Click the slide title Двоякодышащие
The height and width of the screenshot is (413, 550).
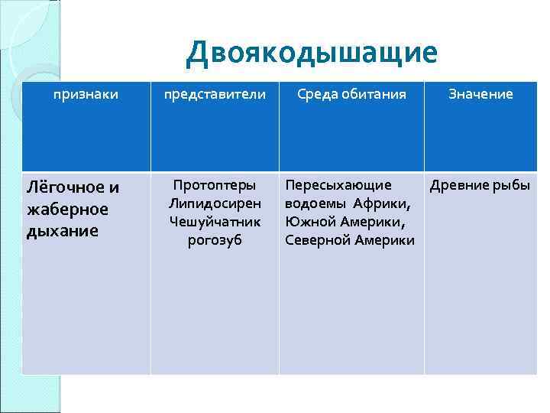pyautogui.click(x=312, y=52)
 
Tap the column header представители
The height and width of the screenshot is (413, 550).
pyautogui.click(x=214, y=94)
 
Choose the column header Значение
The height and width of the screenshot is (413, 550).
pyautogui.click(x=480, y=94)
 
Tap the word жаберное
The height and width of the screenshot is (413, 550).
pyautogui.click(x=67, y=209)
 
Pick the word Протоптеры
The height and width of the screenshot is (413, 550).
pyautogui.click(x=215, y=185)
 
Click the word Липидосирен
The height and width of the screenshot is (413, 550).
pyautogui.click(x=215, y=203)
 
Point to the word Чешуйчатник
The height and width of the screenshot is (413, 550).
pyautogui.click(x=215, y=222)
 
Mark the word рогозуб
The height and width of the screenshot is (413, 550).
pyautogui.click(x=215, y=240)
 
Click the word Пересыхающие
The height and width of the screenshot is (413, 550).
pyautogui.click(x=338, y=185)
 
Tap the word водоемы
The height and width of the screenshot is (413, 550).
pyautogui.click(x=314, y=203)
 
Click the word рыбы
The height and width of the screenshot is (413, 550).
pyautogui.click(x=513, y=185)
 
